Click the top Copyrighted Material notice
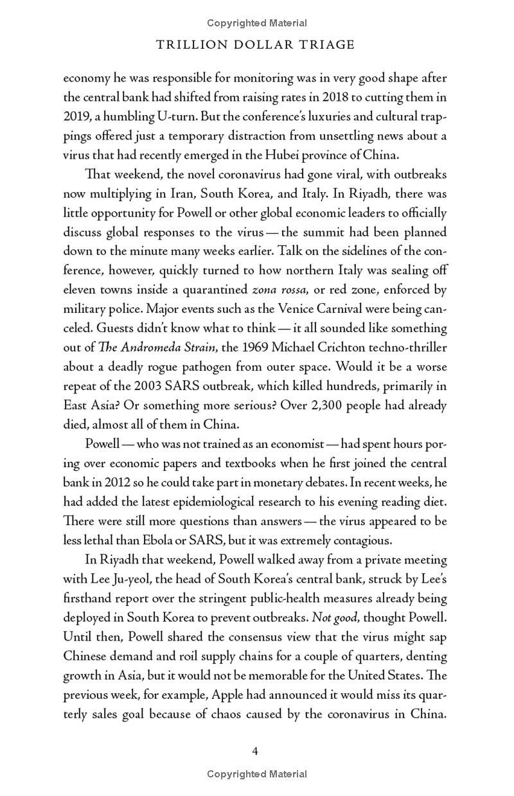point(257,23)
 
